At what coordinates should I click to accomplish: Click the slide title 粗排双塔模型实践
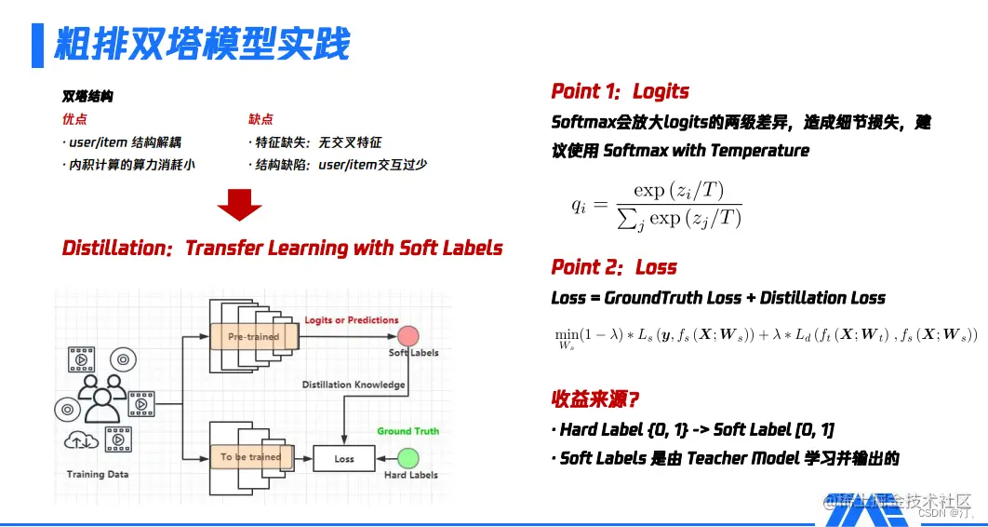(202, 44)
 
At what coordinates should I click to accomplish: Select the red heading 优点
(74, 119)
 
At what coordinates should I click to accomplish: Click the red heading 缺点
(260, 119)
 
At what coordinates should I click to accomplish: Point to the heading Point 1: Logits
(620, 91)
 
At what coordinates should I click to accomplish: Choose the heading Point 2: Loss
(614, 267)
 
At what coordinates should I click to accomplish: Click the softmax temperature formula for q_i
(657, 205)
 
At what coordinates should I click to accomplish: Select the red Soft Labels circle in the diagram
(407, 336)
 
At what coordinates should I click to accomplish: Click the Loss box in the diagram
(344, 459)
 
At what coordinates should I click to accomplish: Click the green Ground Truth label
(407, 431)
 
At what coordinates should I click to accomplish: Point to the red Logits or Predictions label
(352, 320)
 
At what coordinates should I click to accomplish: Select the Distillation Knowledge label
(353, 385)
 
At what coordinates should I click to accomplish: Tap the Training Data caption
(98, 475)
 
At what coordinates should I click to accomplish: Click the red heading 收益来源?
(594, 399)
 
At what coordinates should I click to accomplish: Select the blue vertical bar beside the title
(37, 45)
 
